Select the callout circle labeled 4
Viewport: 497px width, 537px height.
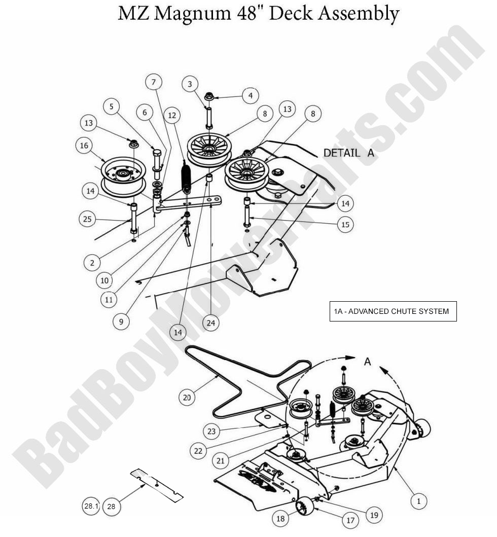point(250,95)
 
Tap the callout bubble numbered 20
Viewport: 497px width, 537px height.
point(188,398)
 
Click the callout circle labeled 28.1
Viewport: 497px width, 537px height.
point(91,506)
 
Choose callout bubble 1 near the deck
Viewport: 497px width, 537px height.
point(419,501)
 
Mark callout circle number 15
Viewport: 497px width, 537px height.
point(345,224)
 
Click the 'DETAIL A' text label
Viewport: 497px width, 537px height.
point(349,153)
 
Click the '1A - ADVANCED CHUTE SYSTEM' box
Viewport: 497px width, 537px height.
point(393,311)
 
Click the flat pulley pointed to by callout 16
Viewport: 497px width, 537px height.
point(123,176)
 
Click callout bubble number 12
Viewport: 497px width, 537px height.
point(172,116)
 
